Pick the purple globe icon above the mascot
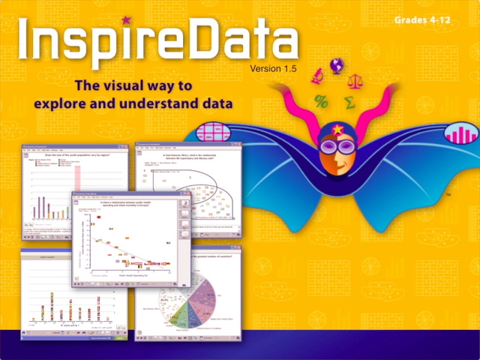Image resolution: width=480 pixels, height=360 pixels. tap(336, 64)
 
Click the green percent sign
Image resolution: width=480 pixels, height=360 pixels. tap(321, 100)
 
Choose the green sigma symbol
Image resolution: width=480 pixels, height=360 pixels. tap(349, 101)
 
